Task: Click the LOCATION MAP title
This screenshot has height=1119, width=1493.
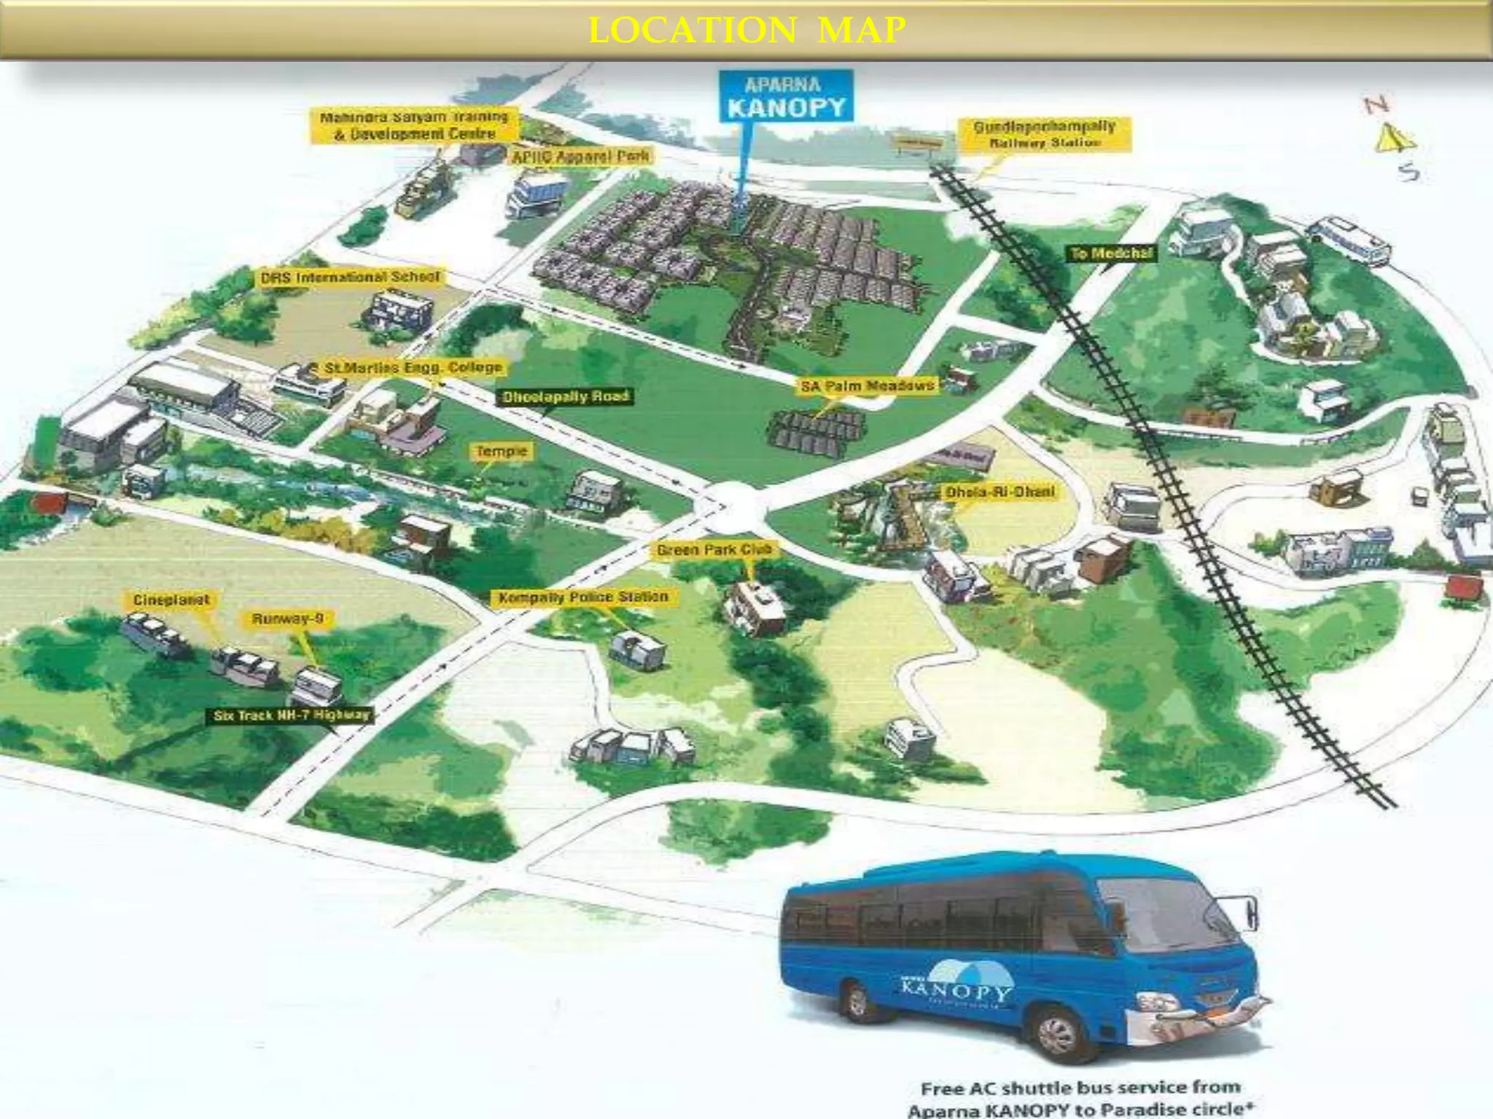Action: [746, 31]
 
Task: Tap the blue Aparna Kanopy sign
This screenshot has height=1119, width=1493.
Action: [786, 97]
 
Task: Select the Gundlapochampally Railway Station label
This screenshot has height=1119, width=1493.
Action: [1044, 135]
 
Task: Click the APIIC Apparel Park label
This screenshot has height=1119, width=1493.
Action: [580, 156]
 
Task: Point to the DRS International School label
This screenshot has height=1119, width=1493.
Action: [351, 278]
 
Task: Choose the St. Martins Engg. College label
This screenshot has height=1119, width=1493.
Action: [413, 368]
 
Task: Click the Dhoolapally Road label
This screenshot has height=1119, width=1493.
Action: [565, 396]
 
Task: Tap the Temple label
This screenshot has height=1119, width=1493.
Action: [502, 452]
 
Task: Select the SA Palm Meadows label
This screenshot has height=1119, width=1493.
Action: [868, 385]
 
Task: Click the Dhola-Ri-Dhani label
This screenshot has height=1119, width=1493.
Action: [999, 492]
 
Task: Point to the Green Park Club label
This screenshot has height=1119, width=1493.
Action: [714, 550]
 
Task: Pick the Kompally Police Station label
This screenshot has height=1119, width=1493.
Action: [583, 597]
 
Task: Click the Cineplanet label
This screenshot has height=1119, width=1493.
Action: [171, 600]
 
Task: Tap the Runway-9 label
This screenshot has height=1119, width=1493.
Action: [288, 619]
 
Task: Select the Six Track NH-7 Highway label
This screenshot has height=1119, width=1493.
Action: [292, 715]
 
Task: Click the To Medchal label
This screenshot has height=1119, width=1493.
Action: [1111, 254]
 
